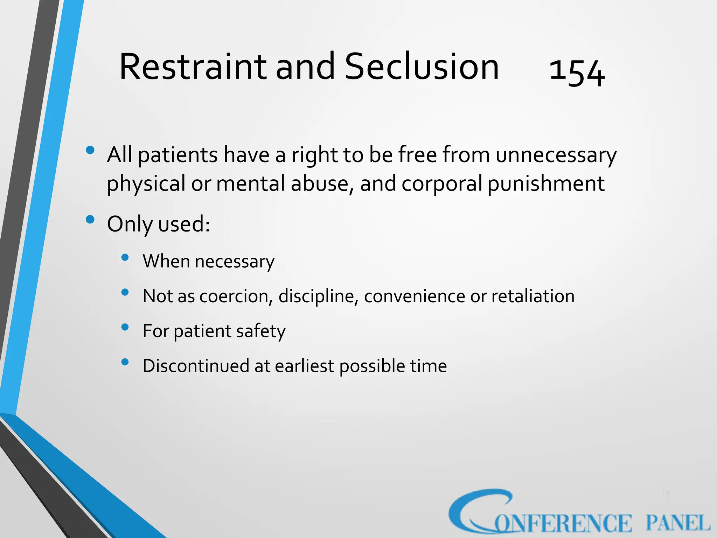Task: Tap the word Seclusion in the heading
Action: pyautogui.click(x=422, y=67)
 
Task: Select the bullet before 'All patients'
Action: pyautogui.click(x=90, y=150)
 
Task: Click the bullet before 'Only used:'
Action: pyautogui.click(x=90, y=220)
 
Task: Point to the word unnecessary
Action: pyautogui.click(x=556, y=155)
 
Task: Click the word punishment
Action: pyautogui.click(x=546, y=184)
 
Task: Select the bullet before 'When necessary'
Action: pyautogui.click(x=125, y=257)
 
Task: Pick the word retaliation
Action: pyautogui.click(x=533, y=296)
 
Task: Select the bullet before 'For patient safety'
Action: pyautogui.click(x=125, y=327)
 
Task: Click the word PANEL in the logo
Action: pyautogui.click(x=677, y=523)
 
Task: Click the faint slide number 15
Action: pyautogui.click(x=666, y=494)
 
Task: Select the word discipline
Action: pyautogui.click(x=318, y=296)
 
